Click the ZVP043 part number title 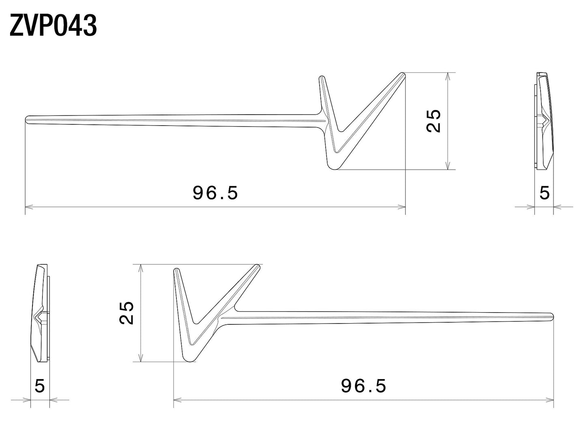click(x=53, y=26)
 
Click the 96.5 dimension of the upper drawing click(x=215, y=193)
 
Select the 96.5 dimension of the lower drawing click(x=363, y=385)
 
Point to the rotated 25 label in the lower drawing click(x=126, y=313)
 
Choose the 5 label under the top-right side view click(x=545, y=193)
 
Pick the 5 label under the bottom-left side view click(x=40, y=385)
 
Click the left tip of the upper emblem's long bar click(x=26, y=119)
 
